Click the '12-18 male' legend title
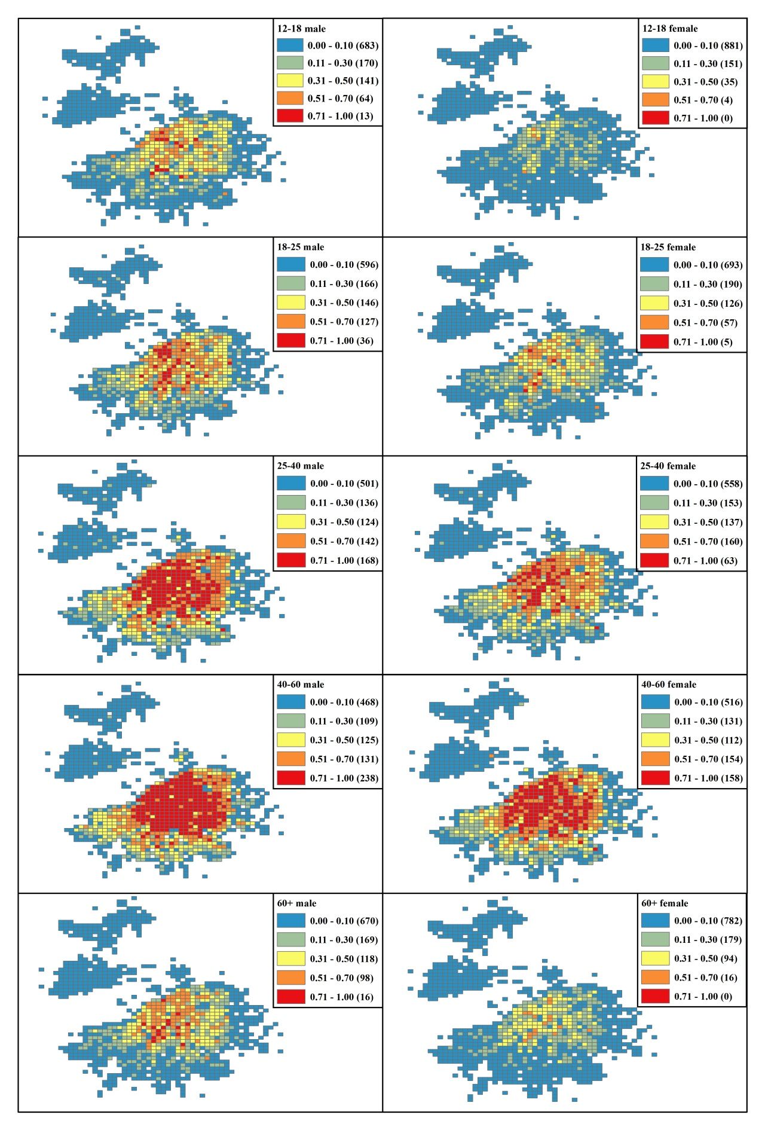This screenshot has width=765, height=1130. click(x=301, y=29)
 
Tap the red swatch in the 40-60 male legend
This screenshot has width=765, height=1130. click(x=290, y=778)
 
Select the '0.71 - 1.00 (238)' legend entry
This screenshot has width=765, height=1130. click(x=344, y=778)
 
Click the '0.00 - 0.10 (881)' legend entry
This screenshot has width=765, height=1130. click(x=708, y=45)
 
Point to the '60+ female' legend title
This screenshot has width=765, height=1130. click(x=664, y=903)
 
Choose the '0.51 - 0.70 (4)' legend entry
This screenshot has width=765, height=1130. click(x=703, y=100)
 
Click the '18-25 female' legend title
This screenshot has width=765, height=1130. click(x=668, y=247)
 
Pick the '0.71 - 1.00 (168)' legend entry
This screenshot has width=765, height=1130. click(x=344, y=560)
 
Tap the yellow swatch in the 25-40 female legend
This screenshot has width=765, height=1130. click(x=654, y=522)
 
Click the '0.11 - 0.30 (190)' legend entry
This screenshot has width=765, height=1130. click(x=708, y=284)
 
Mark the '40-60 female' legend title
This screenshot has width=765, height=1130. click(x=668, y=684)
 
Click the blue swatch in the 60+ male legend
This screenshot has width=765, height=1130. click(x=290, y=921)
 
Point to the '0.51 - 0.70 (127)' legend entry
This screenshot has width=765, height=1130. click(x=344, y=322)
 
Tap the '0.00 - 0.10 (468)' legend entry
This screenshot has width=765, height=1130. click(x=344, y=702)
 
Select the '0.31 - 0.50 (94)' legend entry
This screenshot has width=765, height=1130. click(x=705, y=958)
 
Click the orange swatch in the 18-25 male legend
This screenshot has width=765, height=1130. click(x=290, y=322)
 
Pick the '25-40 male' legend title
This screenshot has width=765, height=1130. click(x=300, y=466)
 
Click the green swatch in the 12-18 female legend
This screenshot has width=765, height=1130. click(x=656, y=63)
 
